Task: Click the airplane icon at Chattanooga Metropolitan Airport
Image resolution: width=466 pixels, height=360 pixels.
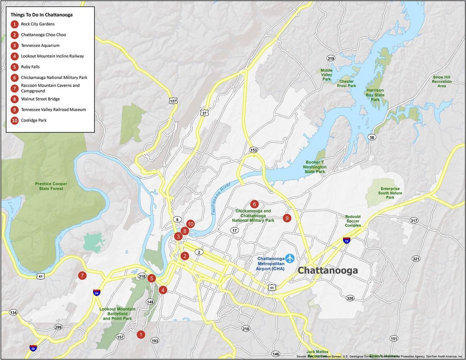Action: (290, 258)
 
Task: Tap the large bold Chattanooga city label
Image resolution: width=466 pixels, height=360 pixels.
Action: (327, 270)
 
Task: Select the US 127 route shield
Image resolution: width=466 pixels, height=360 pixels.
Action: (173, 101)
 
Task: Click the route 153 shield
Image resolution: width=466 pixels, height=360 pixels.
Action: (253, 150)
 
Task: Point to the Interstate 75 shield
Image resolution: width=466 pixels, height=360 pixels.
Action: (347, 240)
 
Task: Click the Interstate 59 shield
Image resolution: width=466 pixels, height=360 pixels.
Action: (33, 347)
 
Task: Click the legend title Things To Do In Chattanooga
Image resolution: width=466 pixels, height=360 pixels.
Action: (42, 15)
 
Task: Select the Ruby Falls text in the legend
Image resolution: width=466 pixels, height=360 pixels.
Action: (30, 67)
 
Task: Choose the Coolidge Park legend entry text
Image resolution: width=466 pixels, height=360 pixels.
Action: (34, 120)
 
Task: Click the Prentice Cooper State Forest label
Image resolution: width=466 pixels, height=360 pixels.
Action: (51, 186)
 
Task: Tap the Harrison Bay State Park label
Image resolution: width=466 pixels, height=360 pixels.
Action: (375, 95)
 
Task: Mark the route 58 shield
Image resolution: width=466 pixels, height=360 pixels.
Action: (372, 137)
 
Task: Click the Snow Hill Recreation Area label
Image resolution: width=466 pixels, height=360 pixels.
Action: (441, 81)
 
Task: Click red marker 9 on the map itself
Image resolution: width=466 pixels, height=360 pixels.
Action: (287, 218)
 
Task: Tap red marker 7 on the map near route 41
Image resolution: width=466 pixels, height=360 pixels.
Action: (82, 276)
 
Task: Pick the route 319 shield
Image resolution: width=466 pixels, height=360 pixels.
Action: (330, 58)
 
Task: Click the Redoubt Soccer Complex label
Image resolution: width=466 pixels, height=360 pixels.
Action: (353, 221)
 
